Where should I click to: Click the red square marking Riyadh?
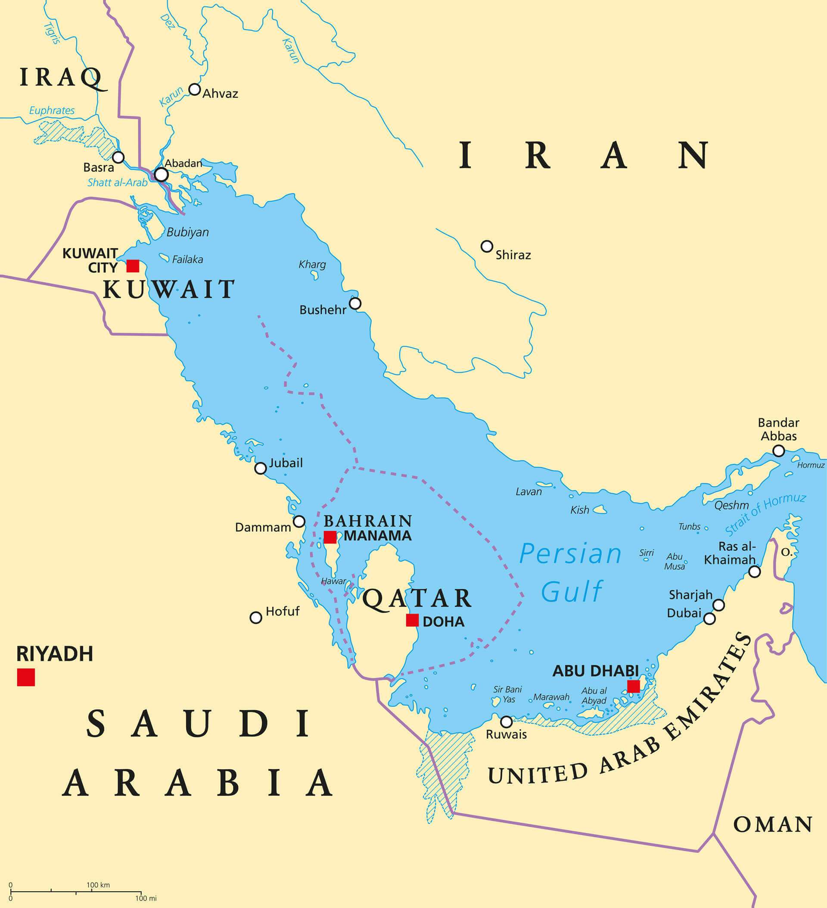point(26,677)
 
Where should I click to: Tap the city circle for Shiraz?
point(487,247)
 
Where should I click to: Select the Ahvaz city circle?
point(195,89)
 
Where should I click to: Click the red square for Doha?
point(412,620)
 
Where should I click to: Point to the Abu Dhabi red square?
point(634,686)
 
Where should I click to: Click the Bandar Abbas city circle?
point(778,450)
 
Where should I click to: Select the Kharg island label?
point(312,264)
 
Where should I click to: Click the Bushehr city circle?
point(355,303)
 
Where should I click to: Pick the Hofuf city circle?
point(256,618)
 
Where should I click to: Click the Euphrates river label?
point(52,110)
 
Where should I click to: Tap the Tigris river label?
point(52,33)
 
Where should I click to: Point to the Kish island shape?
point(600,509)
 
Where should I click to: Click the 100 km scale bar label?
point(98,885)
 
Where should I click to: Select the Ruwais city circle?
point(507,722)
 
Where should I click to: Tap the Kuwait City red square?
point(133,266)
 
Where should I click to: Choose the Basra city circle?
point(118,157)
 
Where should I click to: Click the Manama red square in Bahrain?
point(330,537)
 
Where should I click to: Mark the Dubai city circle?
point(709,619)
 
